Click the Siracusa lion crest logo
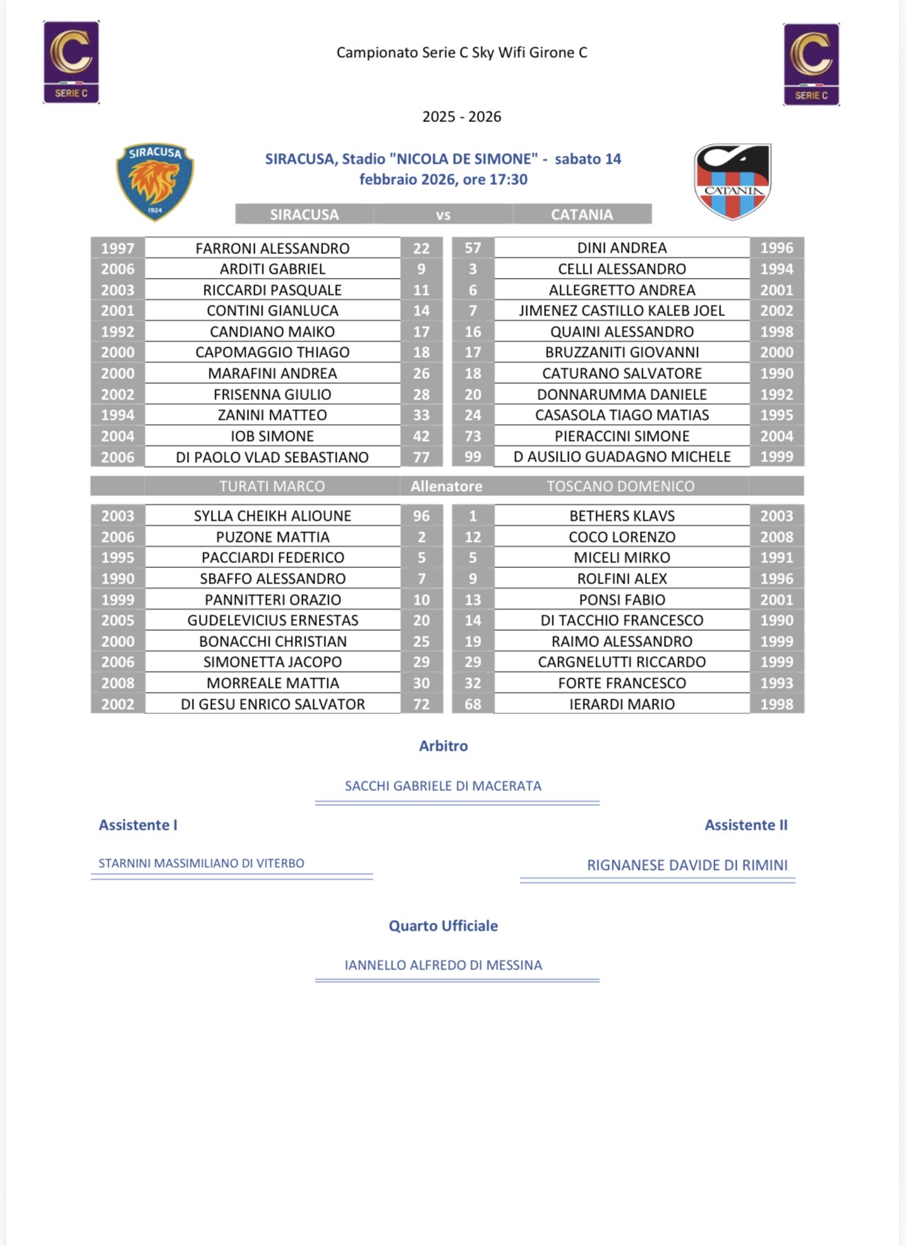pyautogui.click(x=155, y=181)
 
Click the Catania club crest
pyautogui.click(x=732, y=181)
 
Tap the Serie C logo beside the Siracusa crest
pyautogui.click(x=71, y=62)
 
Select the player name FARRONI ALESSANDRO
pyautogui.click(x=272, y=248)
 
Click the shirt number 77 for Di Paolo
pyautogui.click(x=421, y=457)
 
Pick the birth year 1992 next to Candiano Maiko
pyautogui.click(x=117, y=332)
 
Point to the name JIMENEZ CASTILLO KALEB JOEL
pyautogui.click(x=622, y=310)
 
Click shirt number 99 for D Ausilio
pyautogui.click(x=473, y=457)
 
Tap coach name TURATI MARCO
pyautogui.click(x=272, y=486)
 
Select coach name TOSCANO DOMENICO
pyautogui.click(x=621, y=486)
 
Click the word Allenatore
pyautogui.click(x=447, y=486)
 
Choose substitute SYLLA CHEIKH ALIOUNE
pyautogui.click(x=272, y=516)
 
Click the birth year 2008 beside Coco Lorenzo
pyautogui.click(x=776, y=537)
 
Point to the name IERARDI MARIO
pyautogui.click(x=622, y=704)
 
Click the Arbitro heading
pyautogui.click(x=443, y=746)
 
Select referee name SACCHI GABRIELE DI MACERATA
pyautogui.click(x=443, y=786)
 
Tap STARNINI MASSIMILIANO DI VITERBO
pyautogui.click(x=201, y=864)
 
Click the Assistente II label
pyautogui.click(x=746, y=825)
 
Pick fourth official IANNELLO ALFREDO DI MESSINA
pyautogui.click(x=443, y=965)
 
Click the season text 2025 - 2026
pyautogui.click(x=461, y=116)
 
